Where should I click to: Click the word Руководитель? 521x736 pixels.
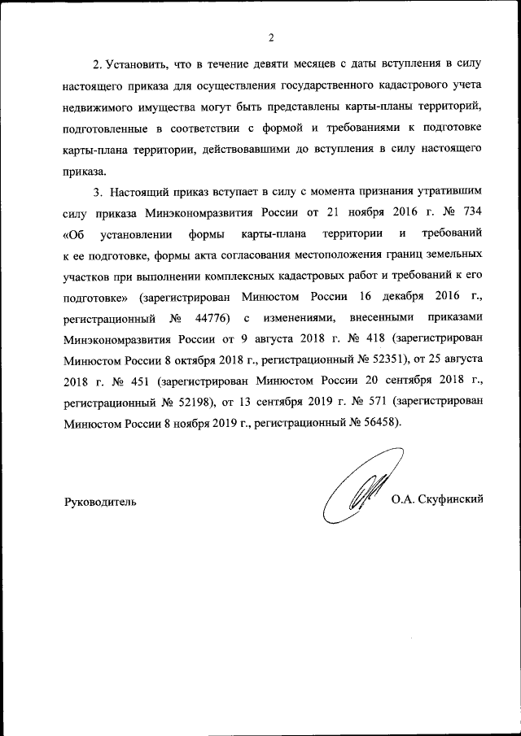click(x=100, y=501)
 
